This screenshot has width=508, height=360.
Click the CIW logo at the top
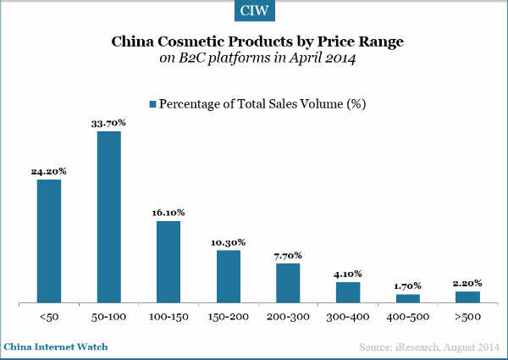(253, 13)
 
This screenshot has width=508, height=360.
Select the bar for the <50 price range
(49, 241)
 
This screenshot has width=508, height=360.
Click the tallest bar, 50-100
(108, 217)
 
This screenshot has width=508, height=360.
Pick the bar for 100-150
(168, 261)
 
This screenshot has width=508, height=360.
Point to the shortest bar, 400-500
(408, 298)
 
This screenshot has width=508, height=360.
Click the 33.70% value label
(109, 124)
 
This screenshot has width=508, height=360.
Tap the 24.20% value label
(49, 171)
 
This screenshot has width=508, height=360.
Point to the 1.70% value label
(408, 285)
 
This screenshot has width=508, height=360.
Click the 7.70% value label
(288, 255)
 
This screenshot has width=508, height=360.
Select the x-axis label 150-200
(229, 317)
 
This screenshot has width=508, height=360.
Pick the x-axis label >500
(467, 317)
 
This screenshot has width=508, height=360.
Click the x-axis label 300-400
(348, 317)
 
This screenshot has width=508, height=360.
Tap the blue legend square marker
(152, 103)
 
